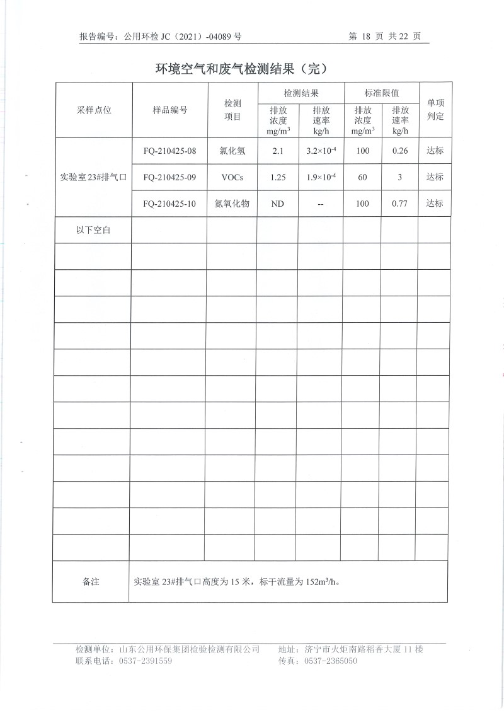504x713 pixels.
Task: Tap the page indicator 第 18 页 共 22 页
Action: point(384,37)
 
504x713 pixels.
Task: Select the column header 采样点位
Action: point(94,110)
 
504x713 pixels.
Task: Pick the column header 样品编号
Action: point(170,110)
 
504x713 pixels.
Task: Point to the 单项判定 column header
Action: point(435,110)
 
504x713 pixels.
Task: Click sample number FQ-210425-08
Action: point(170,151)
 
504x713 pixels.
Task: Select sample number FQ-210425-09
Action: point(170,178)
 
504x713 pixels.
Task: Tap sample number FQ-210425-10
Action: point(170,204)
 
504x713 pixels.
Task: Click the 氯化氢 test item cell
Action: point(232,151)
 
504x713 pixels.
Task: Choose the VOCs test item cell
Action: point(232,178)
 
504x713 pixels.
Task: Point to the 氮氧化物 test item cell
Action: point(232,204)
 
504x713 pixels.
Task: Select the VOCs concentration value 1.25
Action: point(278,178)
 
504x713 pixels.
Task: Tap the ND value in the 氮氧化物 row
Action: point(278,204)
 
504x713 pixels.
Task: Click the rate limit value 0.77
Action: point(400,204)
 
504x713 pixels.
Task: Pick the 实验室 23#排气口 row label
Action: point(94,178)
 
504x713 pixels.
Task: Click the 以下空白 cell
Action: point(93,231)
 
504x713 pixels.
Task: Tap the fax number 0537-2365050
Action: point(331,661)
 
